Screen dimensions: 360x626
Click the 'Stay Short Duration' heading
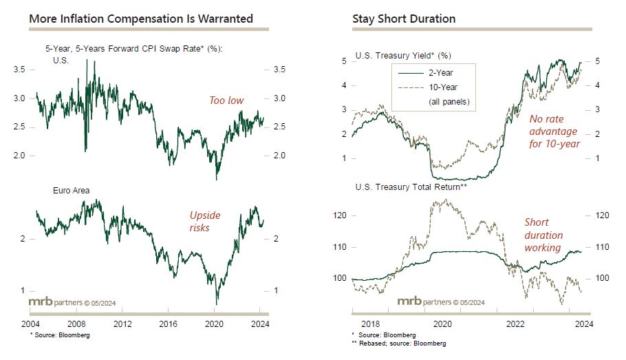click(404, 19)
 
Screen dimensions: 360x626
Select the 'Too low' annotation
click(226, 100)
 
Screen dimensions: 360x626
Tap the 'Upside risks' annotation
click(205, 222)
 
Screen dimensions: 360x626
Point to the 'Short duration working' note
click(543, 235)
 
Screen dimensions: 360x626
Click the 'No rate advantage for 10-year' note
click(554, 131)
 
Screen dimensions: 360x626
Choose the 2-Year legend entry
click(440, 72)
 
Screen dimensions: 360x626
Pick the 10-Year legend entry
click(442, 87)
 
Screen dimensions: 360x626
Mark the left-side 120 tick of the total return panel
click(340, 215)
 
